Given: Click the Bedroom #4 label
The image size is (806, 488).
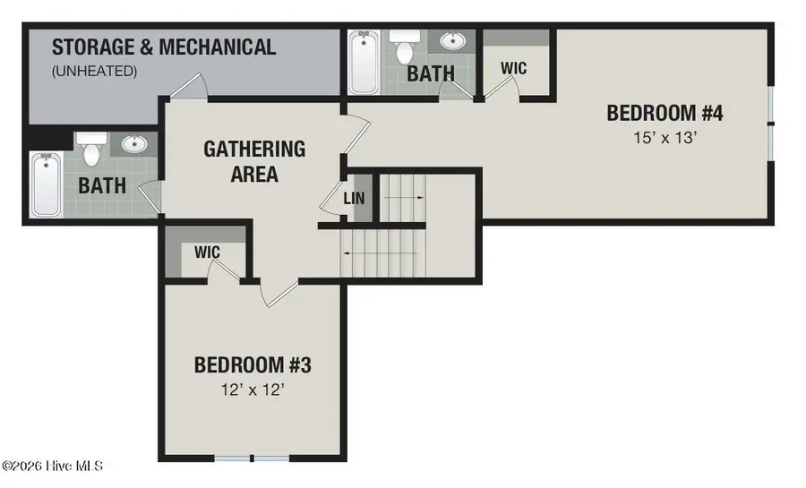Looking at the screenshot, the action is coord(665,113).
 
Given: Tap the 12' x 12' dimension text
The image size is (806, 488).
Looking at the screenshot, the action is coord(253,390).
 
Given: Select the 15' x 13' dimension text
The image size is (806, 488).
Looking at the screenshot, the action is coord(665,138).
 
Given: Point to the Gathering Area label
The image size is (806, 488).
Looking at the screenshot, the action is coord(254,161).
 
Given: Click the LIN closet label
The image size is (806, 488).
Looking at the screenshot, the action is coord(354,198).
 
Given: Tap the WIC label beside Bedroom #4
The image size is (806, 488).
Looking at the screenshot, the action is coord(513,68).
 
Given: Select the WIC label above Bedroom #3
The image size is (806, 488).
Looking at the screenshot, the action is coord(207,252).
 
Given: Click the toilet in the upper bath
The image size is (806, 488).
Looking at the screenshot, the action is coord(405,45).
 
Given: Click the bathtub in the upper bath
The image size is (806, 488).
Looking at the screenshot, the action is coord(364,62).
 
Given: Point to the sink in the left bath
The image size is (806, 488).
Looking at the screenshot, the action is coord(134,143).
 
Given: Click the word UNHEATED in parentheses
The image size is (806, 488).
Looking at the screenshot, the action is coord(95,71).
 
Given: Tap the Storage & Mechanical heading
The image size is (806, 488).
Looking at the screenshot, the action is coord(164,47).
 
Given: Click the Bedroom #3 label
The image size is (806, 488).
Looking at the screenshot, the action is coord(253,365).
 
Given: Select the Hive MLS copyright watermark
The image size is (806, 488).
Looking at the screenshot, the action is coord(53,466).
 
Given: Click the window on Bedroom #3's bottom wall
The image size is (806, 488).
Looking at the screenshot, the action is coord(252,458).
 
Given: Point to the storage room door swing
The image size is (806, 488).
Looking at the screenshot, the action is coord(189,85).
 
